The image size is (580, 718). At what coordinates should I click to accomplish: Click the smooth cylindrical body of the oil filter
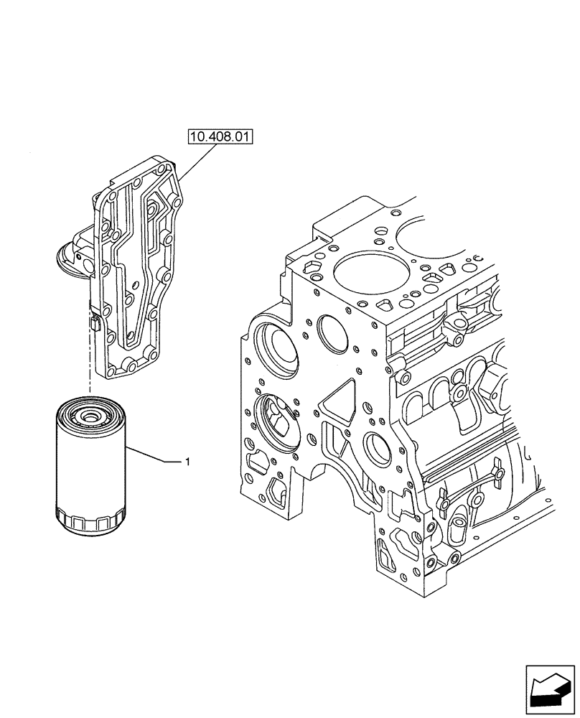(90, 467)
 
